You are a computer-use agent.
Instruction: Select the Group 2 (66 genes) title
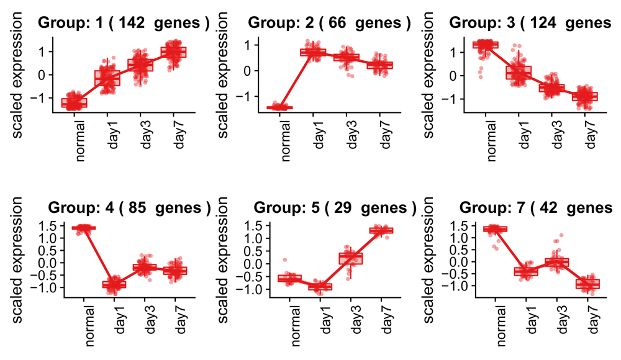[x=330, y=23]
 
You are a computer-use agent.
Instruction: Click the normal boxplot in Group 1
[x=75, y=103]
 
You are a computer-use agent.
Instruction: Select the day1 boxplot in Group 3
[x=526, y=73]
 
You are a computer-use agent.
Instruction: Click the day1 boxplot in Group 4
[x=114, y=284]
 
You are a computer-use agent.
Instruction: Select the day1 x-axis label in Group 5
[x=324, y=317]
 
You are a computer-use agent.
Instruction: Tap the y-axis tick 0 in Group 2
[x=248, y=71]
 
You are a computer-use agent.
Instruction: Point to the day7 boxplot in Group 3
[x=586, y=96]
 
